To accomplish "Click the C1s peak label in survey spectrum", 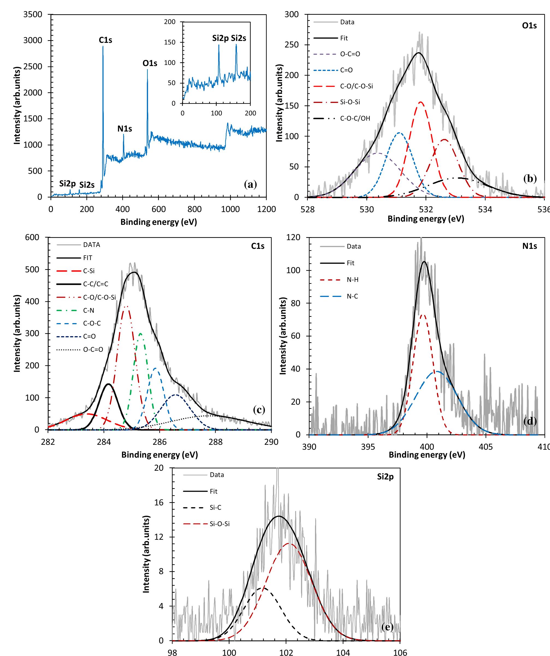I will point(105,40).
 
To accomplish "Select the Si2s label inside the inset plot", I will point(239,38).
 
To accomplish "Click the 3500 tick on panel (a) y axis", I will point(33,14).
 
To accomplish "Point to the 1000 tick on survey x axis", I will point(230,209).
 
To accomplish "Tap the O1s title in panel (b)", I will point(529,26).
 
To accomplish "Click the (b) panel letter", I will point(530,178).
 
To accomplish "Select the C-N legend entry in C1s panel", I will point(88,310).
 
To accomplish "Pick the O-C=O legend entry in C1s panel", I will point(93,349).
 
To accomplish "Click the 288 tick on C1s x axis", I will point(215,442).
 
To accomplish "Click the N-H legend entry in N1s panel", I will point(352,280).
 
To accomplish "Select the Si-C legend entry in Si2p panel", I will point(215,508).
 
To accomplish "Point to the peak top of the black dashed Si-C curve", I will point(263,588).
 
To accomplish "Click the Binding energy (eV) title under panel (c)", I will point(159,455).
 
